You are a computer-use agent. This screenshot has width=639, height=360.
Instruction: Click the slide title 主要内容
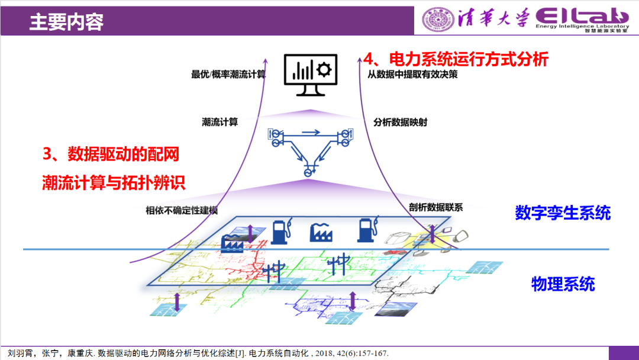(66, 22)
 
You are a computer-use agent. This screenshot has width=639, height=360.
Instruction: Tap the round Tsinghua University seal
(436, 20)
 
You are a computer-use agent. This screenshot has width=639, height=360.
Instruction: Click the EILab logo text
(582, 16)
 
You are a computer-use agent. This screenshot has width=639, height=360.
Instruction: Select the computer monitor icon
(309, 75)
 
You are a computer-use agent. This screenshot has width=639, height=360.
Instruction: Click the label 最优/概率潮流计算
(228, 75)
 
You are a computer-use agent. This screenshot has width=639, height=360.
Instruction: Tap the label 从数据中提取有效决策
(412, 75)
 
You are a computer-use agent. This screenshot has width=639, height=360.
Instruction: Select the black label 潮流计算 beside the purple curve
(220, 122)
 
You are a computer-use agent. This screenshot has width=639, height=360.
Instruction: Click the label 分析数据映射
(400, 122)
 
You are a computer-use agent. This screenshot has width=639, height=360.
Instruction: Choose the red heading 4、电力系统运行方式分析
(456, 59)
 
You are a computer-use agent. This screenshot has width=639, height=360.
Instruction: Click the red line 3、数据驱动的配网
(111, 155)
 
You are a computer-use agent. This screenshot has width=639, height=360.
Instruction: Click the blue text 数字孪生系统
(563, 213)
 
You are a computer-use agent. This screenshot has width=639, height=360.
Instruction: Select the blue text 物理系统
(563, 284)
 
